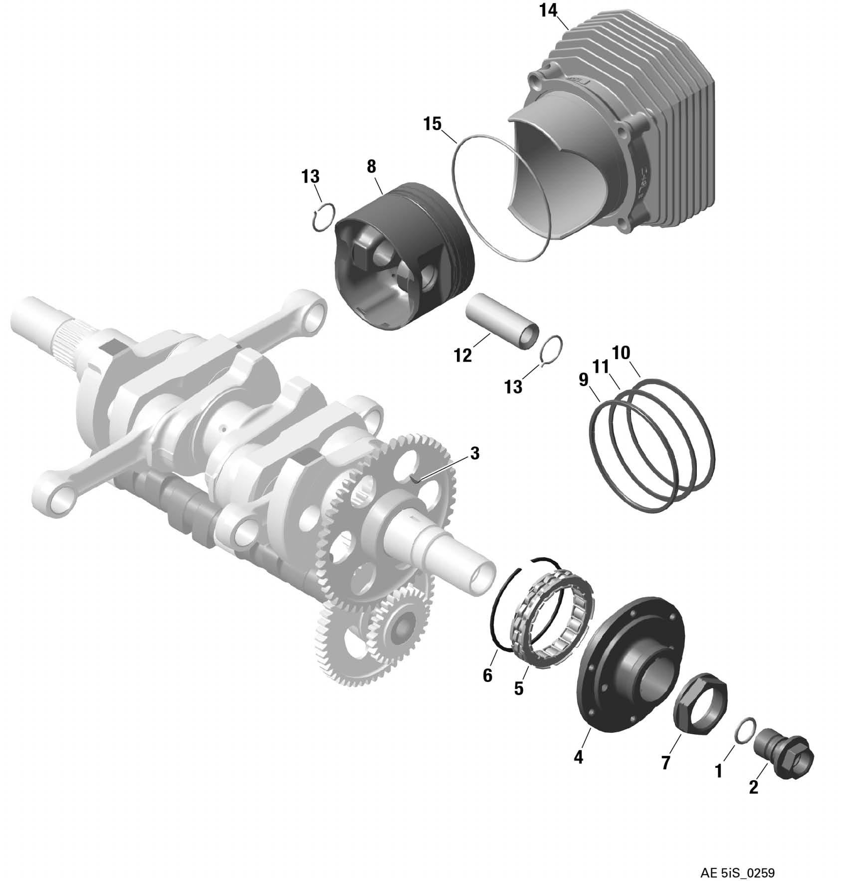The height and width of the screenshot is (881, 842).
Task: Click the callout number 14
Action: [548, 11]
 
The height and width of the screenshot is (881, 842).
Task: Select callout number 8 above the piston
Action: [371, 166]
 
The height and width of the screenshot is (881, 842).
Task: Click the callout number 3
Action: [475, 453]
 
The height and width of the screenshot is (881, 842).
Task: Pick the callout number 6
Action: [487, 675]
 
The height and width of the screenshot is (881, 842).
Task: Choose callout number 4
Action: [578, 757]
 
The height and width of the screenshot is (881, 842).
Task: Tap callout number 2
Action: [754, 787]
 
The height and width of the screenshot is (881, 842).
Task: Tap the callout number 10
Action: [621, 353]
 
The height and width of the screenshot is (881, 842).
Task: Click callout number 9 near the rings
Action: [583, 380]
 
